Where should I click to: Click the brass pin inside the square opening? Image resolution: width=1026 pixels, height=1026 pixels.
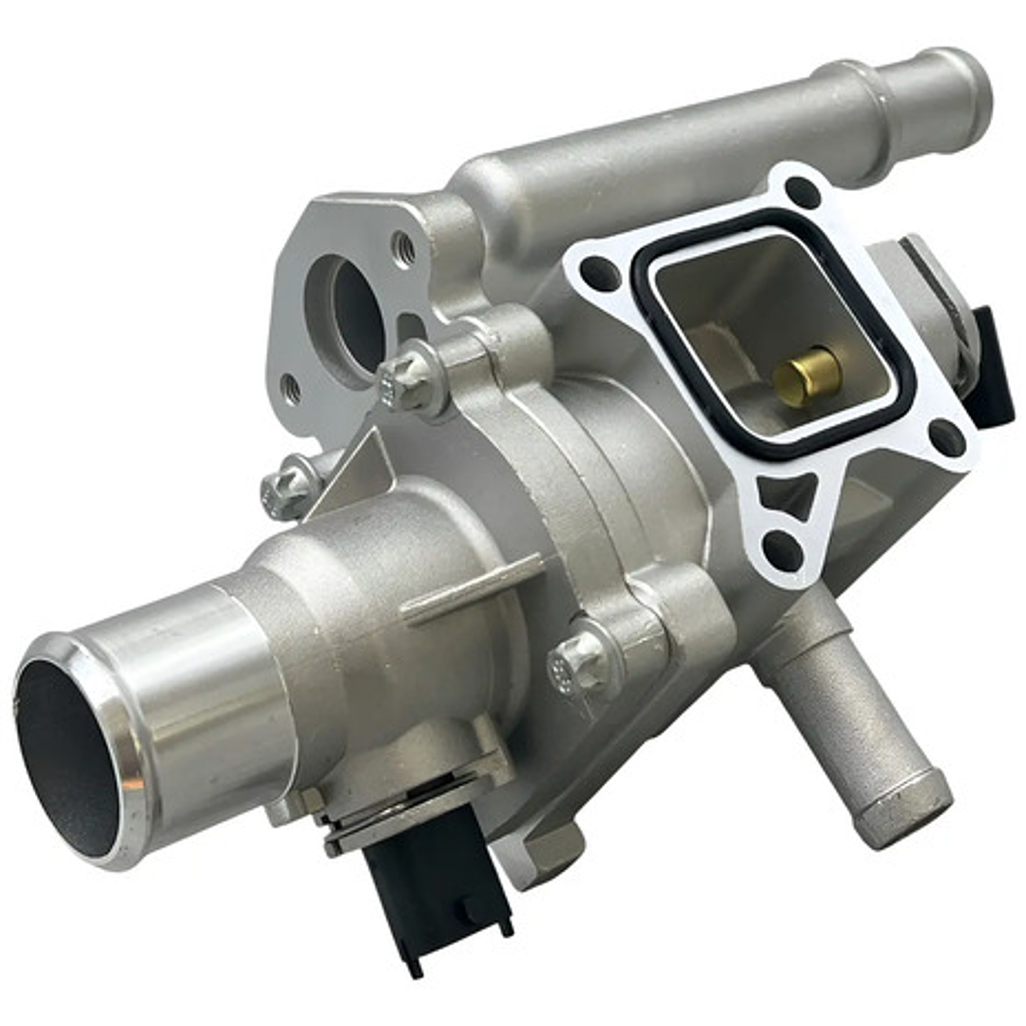[807, 375]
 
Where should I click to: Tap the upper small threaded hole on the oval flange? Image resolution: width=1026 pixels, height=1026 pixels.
[403, 249]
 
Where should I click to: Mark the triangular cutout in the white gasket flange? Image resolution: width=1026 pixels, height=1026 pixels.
[788, 494]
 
